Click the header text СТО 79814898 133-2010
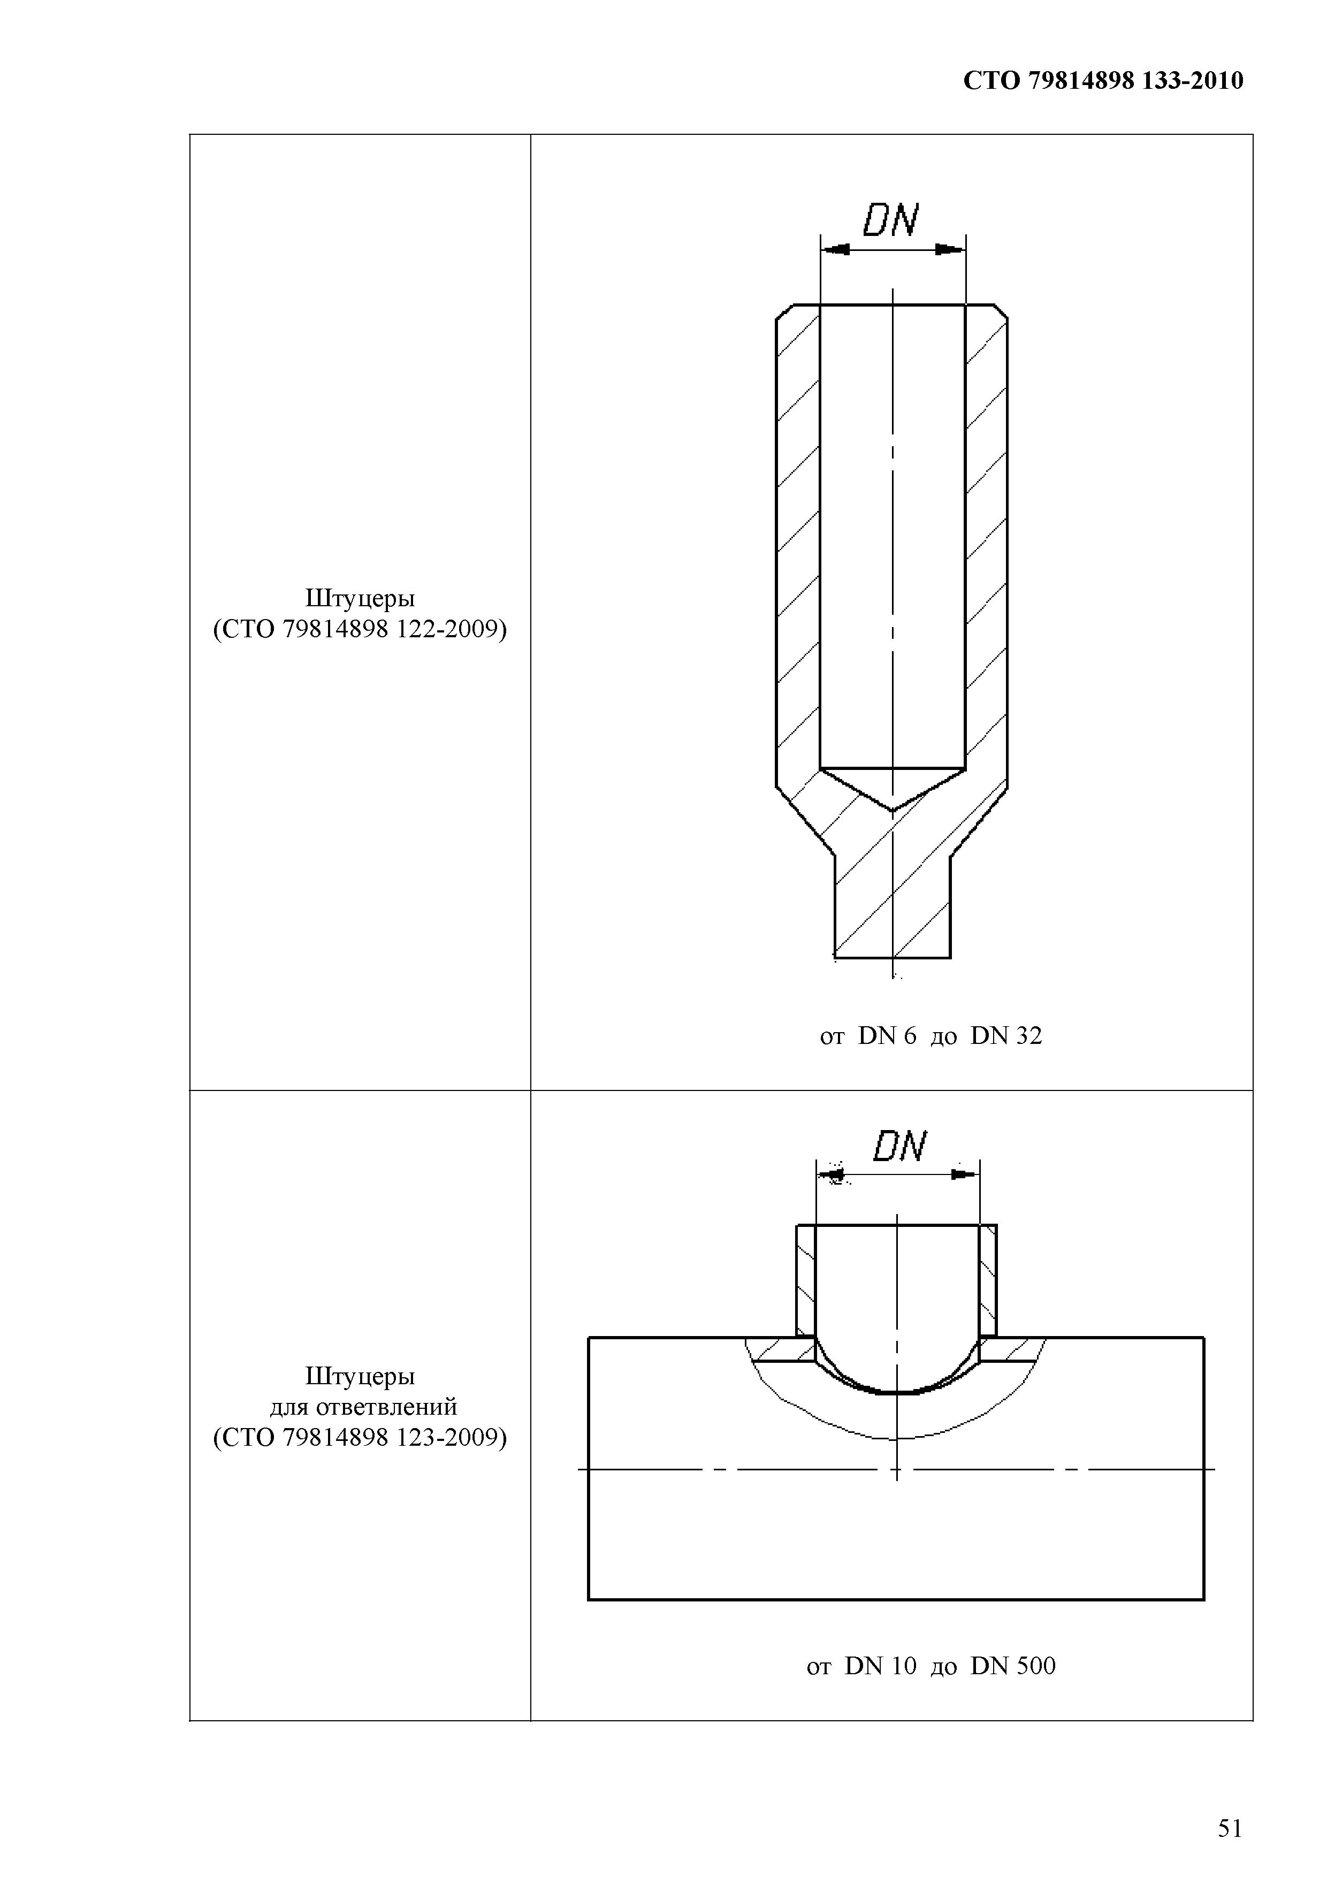pyautogui.click(x=1103, y=80)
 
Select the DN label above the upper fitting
pyautogui.click(x=891, y=220)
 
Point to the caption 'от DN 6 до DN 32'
pyautogui.click(x=931, y=1036)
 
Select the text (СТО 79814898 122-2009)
pyautogui.click(x=360, y=629)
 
